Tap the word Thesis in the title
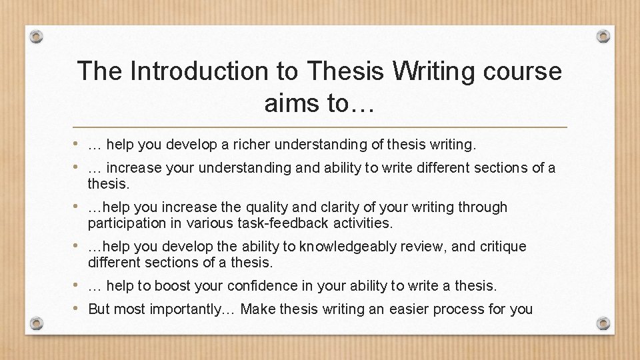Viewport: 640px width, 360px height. pos(339,71)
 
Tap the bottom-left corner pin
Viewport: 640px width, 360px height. pos(37,323)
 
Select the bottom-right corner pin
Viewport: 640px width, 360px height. pos(603,323)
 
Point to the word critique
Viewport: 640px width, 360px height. pos(501,247)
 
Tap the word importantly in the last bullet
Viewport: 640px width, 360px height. pos(188,309)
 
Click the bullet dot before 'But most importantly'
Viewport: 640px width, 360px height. pos(78,308)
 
